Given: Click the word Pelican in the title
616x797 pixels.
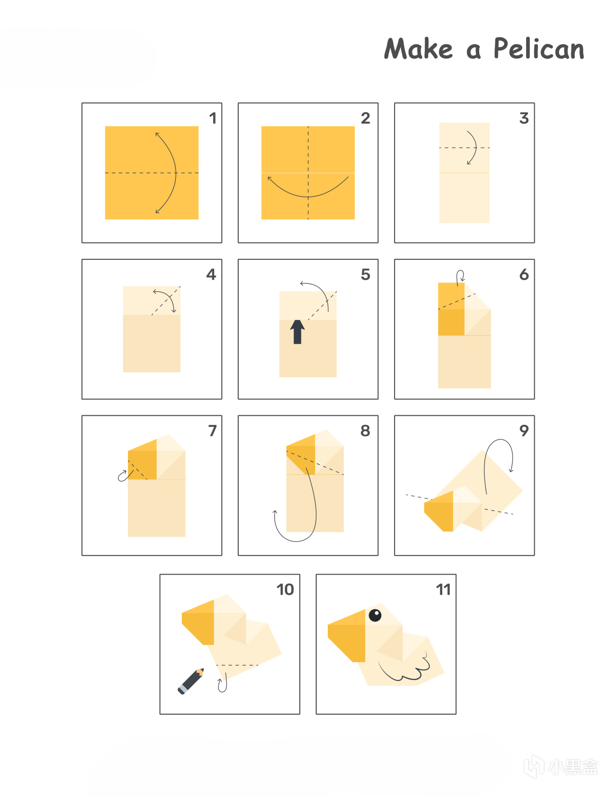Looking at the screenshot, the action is pyautogui.click(x=539, y=49).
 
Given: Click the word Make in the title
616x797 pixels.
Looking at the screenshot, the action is pyautogui.click(x=418, y=49).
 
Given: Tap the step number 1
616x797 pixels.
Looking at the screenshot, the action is pyautogui.click(x=213, y=118).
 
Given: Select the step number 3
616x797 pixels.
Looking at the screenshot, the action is pyautogui.click(x=524, y=118).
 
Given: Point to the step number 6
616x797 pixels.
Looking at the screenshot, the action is pyautogui.click(x=524, y=274).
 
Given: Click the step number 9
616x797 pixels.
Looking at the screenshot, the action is pyautogui.click(x=524, y=431).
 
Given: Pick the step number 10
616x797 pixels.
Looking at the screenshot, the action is pyautogui.click(x=285, y=590).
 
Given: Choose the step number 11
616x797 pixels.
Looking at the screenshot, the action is pyautogui.click(x=443, y=590).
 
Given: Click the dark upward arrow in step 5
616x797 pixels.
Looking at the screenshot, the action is pyautogui.click(x=297, y=332).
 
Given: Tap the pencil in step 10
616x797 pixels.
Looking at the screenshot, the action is pyautogui.click(x=191, y=681).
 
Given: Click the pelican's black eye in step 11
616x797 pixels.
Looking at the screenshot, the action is pyautogui.click(x=375, y=615).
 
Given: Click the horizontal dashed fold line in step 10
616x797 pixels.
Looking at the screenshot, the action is pyautogui.click(x=237, y=665).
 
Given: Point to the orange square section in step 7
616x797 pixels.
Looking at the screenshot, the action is pyautogui.click(x=142, y=465).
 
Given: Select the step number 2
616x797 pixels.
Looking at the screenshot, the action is pyautogui.click(x=365, y=118).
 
